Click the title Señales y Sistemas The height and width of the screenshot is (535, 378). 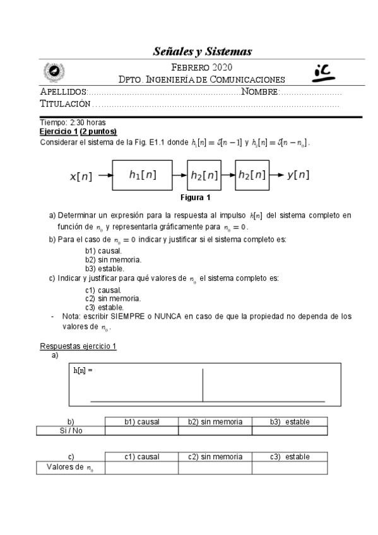(203, 50)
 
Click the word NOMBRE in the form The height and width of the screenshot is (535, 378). (259, 92)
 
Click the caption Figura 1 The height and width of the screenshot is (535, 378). (195, 197)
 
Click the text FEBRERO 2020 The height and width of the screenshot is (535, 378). (202, 68)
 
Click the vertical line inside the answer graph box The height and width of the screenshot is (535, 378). (203, 385)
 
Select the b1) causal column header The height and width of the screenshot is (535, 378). (141, 421)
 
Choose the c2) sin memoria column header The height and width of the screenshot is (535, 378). (215, 456)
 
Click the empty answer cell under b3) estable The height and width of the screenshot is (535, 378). (290, 431)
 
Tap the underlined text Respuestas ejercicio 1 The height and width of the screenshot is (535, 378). (78, 346)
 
